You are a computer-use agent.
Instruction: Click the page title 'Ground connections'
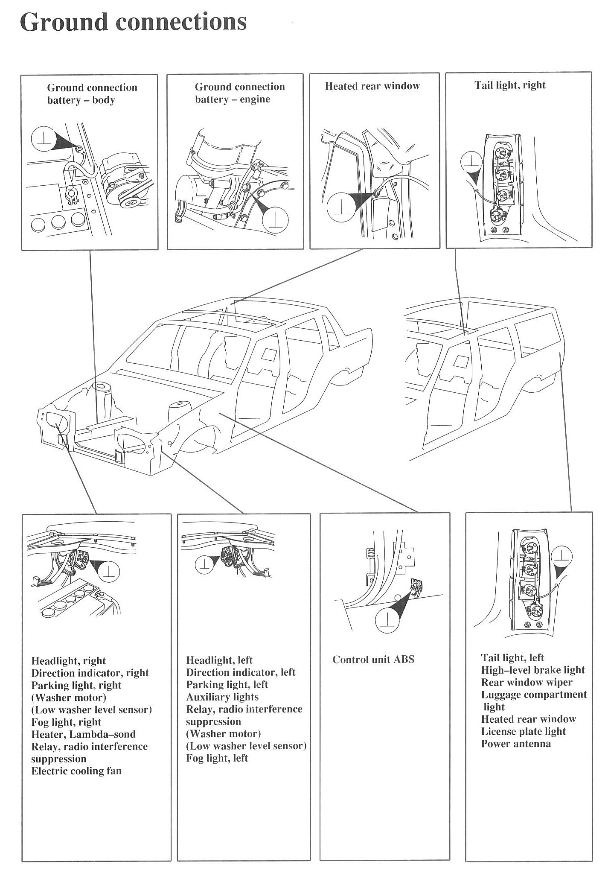(133, 22)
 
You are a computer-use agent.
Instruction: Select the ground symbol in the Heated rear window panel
(340, 206)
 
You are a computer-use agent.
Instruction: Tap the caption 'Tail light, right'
(510, 85)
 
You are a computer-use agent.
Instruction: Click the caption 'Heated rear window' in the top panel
(372, 86)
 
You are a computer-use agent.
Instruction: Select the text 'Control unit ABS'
(373, 660)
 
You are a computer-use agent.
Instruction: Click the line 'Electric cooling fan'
(76, 771)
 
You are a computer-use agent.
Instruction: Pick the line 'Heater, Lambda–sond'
(83, 734)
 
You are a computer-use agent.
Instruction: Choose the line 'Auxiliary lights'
(222, 697)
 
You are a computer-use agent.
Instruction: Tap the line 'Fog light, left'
(217, 758)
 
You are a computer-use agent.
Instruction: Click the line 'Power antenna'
(516, 744)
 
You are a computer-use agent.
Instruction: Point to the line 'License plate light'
(523, 731)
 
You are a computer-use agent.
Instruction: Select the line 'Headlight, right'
(68, 661)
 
